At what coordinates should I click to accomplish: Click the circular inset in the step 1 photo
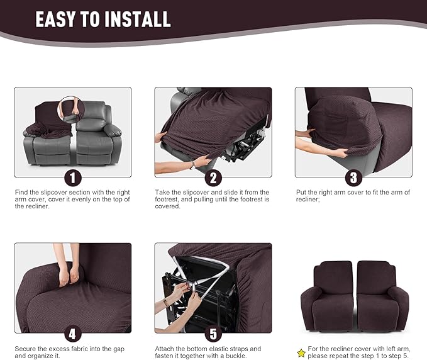(71, 108)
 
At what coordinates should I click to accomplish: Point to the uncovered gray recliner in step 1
(98, 135)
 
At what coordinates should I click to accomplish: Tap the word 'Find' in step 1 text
(21, 192)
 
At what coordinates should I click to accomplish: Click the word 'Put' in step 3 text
(301, 192)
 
